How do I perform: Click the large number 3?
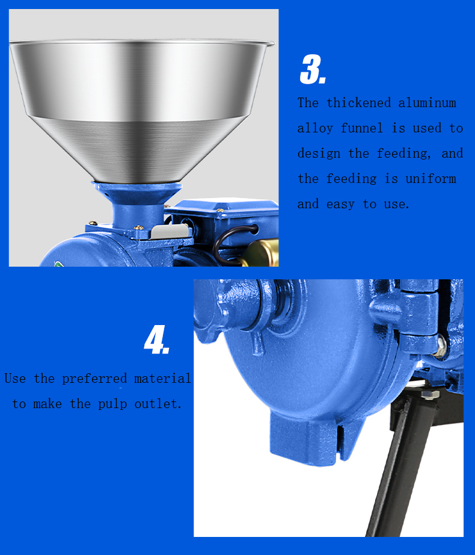pyautogui.click(x=313, y=69)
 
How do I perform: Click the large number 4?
pyautogui.click(x=156, y=340)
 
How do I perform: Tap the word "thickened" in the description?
pyautogui.click(x=358, y=103)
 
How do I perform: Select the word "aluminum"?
pyautogui.click(x=427, y=103)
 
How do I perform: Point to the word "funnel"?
pyautogui.click(x=362, y=128)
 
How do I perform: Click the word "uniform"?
pyautogui.click(x=431, y=178)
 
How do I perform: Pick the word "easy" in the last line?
pyautogui.click(x=340, y=204)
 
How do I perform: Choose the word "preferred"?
pyautogui.click(x=94, y=379)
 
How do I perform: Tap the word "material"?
pyautogui.click(x=162, y=379)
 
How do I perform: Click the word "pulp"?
pyautogui.click(x=112, y=405)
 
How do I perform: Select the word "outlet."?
pyautogui.click(x=158, y=404)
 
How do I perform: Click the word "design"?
pyautogui.click(x=319, y=153)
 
